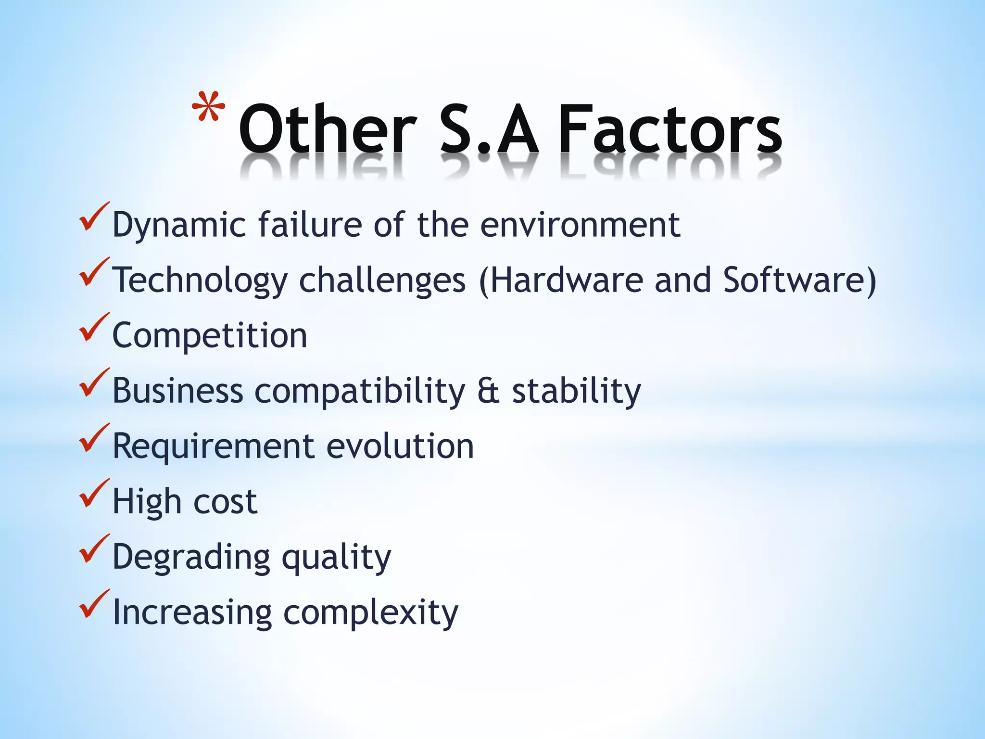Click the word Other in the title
pos(327,129)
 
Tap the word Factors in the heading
pos(669,129)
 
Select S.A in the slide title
pos(489,129)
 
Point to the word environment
pos(580,225)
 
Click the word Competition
pos(210,335)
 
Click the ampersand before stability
pos(488,391)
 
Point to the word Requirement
pos(213,446)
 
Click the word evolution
pos(400,446)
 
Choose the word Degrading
pos(191,557)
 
